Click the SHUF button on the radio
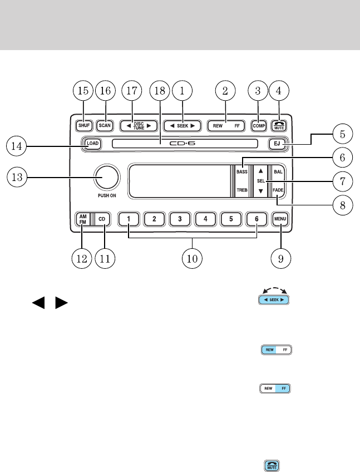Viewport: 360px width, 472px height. (83, 126)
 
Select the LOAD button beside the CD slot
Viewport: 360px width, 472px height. (92, 143)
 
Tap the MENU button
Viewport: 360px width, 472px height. (279, 219)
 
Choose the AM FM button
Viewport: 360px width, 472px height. (82, 219)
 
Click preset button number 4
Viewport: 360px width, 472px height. (205, 219)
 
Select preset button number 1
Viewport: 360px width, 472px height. (129, 219)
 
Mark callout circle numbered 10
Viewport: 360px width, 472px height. (193, 258)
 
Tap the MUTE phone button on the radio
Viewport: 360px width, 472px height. (279, 126)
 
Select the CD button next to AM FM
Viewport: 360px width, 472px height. (102, 219)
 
